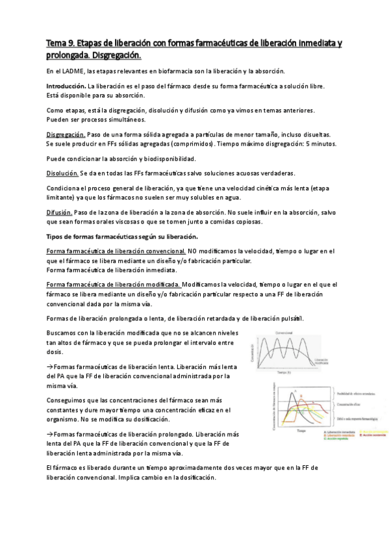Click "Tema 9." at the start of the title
point(60,43)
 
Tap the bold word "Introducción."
point(66,86)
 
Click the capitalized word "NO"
point(193,251)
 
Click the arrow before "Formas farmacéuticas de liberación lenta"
point(50,366)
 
